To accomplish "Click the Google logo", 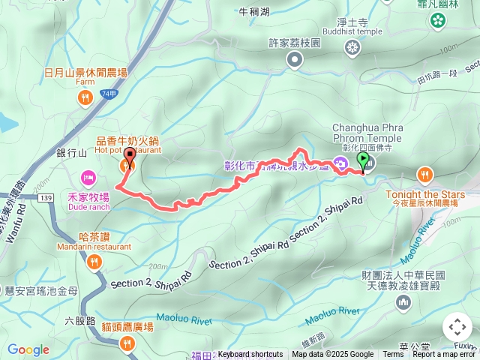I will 28,349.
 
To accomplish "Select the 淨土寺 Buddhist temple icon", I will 352,48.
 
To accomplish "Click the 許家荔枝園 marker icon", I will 295,58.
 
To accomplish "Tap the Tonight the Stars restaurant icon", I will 425,175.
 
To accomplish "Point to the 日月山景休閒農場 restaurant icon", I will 85,97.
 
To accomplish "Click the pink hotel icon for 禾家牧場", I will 88,178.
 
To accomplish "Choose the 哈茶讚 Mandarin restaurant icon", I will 94,261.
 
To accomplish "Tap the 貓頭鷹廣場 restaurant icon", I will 127,343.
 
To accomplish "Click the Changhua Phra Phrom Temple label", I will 367,133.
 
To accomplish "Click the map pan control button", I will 457,327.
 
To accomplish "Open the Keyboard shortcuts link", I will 250,355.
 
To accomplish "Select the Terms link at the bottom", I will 393,355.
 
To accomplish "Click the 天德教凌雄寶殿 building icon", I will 404,301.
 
